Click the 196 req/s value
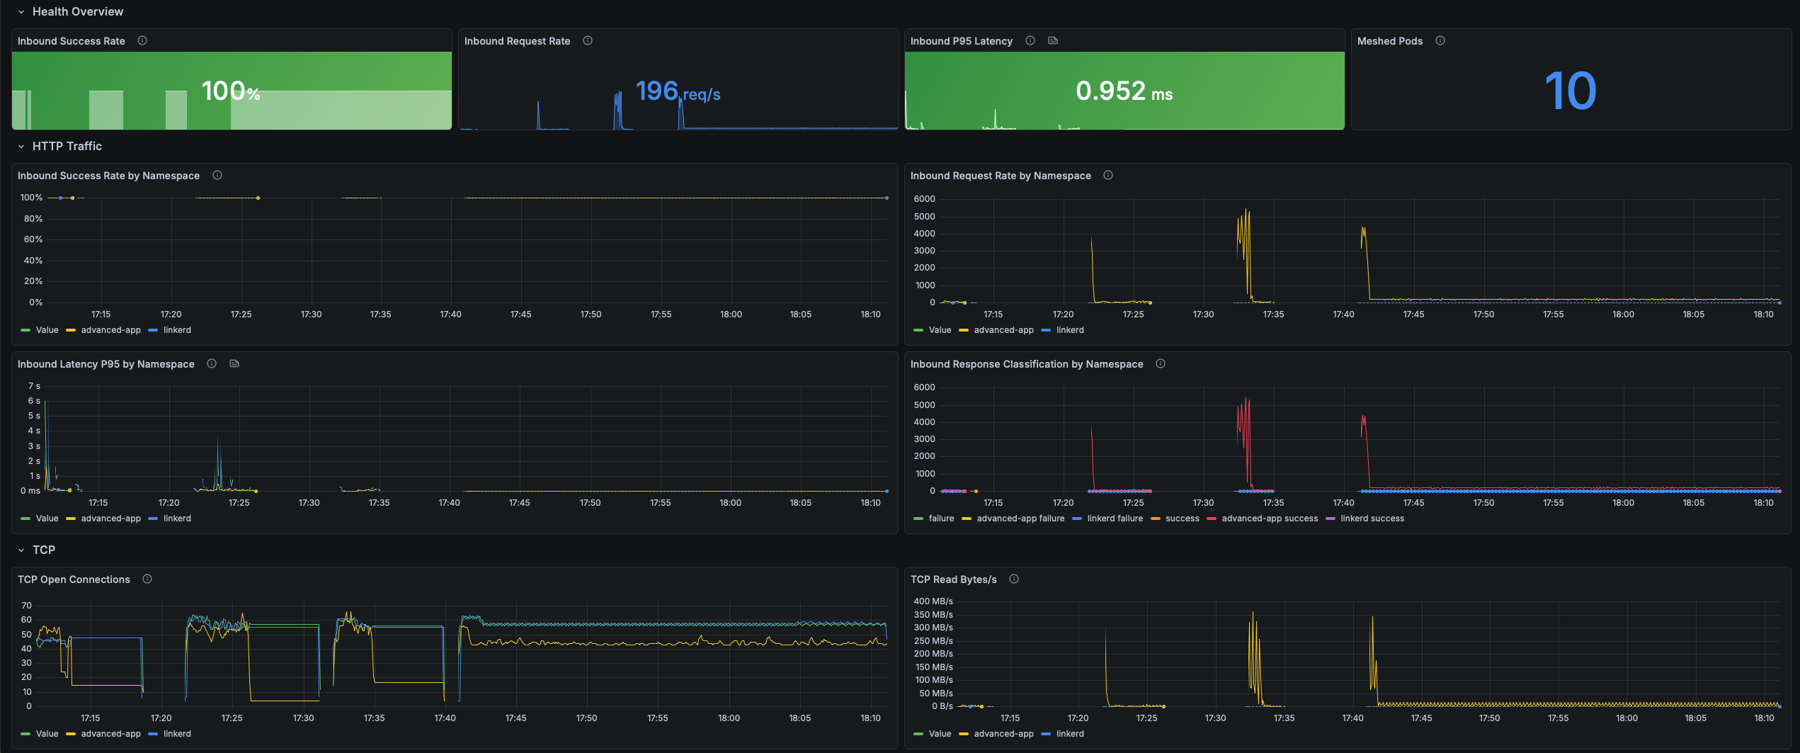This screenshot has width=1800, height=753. tap(678, 91)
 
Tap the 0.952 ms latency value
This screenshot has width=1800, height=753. tap(1124, 91)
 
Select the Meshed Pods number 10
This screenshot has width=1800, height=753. tap(1571, 91)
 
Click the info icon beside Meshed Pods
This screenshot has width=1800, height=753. tap(1440, 41)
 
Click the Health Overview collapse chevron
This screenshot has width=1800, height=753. tap(21, 12)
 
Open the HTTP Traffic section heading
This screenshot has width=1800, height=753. tap(67, 146)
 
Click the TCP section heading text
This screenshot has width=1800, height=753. tap(44, 550)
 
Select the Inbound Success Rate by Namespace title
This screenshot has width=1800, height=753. tap(108, 176)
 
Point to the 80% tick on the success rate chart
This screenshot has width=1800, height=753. tap(33, 219)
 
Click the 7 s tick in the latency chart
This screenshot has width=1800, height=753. tap(34, 386)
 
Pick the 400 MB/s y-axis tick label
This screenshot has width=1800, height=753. tap(933, 601)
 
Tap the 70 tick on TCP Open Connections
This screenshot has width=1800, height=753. tap(27, 606)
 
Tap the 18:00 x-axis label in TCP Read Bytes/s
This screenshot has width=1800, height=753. tap(1627, 718)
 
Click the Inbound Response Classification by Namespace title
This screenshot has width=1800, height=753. tap(1027, 364)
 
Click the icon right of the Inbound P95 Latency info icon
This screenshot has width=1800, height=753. tap(1053, 41)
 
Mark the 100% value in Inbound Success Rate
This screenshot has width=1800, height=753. tap(231, 91)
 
